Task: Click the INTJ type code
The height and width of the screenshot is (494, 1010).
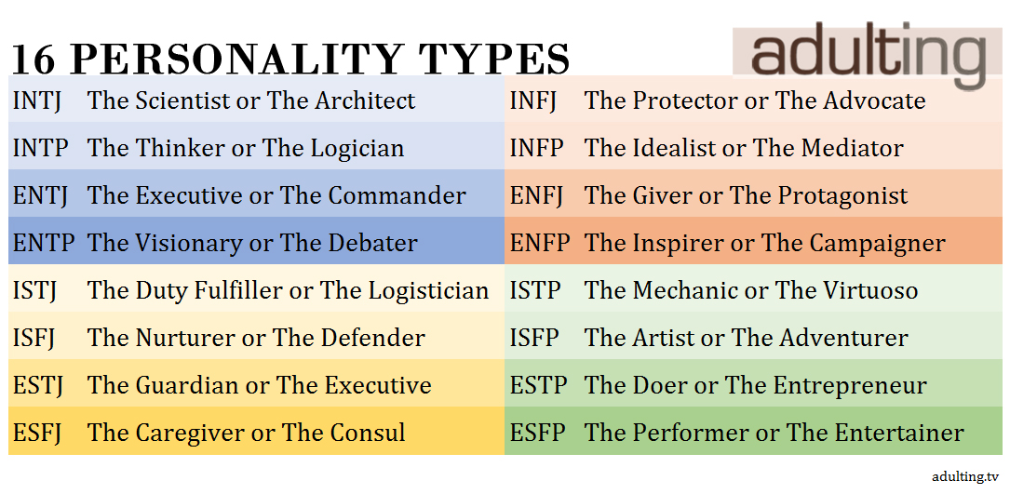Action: click(36, 101)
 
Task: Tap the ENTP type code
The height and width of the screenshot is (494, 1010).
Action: click(43, 244)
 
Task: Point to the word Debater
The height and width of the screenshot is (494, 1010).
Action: click(373, 244)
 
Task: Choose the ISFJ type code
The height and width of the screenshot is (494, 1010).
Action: click(35, 339)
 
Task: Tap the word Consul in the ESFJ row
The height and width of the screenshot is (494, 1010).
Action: click(368, 433)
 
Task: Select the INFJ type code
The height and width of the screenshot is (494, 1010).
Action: click(532, 101)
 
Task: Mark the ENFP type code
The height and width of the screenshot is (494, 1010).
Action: click(540, 244)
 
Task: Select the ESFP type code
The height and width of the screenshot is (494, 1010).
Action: click(537, 433)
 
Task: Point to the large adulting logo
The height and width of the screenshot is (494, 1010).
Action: click(867, 53)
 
